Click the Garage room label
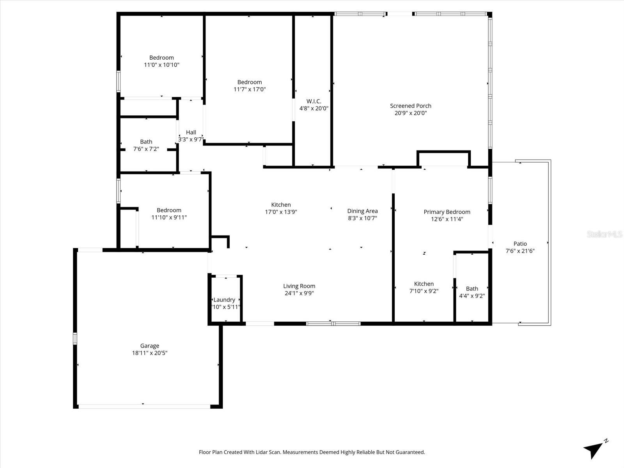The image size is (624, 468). [150, 346]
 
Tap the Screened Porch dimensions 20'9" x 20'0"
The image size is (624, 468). [411, 113]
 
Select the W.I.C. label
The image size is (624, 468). [314, 101]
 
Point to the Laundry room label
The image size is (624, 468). [224, 300]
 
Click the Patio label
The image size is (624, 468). [520, 244]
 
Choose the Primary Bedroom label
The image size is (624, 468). [447, 212]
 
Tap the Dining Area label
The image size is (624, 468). [362, 211]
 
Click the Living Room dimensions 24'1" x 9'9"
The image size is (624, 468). [299, 293]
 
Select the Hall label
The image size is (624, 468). [191, 132]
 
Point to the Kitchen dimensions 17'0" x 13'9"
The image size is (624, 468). [281, 212]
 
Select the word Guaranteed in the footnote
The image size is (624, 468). [410, 452]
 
